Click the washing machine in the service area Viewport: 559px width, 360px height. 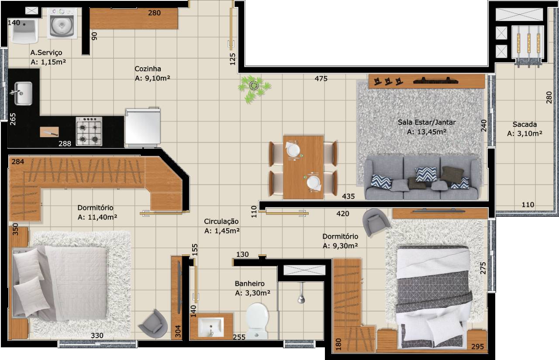pos(62,24)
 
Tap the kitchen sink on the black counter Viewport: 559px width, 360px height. pos(22,93)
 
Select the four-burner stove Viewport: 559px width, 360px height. pos(89,132)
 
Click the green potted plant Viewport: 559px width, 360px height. pos(254,89)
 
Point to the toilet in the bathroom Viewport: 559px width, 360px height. pos(257,321)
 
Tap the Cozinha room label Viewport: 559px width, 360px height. pos(148,69)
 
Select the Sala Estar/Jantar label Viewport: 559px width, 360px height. pos(427,122)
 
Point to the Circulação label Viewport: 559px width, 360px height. pos(221,222)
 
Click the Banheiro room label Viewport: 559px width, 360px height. pos(249,284)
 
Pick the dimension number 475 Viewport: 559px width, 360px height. pos(321,79)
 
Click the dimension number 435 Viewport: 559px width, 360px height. pos(349,196)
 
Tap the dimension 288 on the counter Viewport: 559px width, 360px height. pos(65,144)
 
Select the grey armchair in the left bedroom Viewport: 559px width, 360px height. pos(153,324)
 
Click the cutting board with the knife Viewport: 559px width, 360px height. pos(49,132)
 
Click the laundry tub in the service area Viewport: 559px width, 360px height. pos(24,31)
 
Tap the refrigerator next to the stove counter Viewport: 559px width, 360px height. pos(142,127)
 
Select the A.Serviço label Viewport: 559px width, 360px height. pos(46,53)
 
